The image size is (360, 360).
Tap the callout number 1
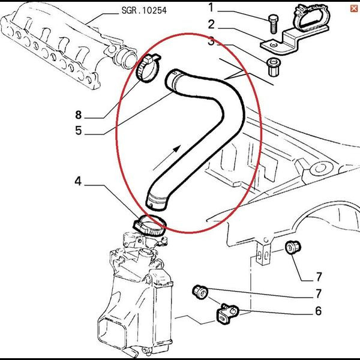pos(211,7)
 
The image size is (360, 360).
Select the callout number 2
pos(211,25)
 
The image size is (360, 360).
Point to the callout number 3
pos(211,41)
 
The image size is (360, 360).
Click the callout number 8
pos(78,114)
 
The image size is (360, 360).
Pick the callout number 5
pos(78,130)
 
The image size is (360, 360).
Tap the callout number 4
pos(78,181)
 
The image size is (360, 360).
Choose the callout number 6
pos(318,311)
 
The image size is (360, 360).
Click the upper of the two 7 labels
pos(318,277)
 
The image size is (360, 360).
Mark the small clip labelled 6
pos(227,312)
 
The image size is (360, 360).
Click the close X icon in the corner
pos(353,7)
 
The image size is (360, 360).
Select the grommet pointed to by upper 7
pos(294,246)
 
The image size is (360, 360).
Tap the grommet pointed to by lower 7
pos(200,293)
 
